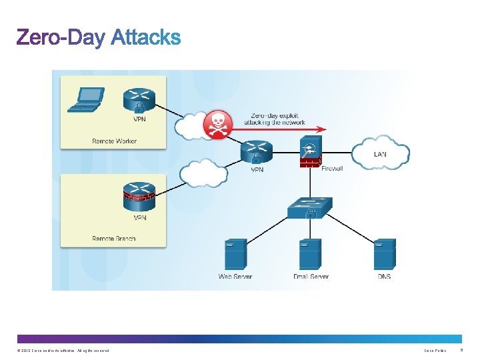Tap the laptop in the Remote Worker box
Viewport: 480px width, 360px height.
(87, 99)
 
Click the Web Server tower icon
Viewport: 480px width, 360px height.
(235, 254)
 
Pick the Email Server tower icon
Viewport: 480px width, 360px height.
(310, 254)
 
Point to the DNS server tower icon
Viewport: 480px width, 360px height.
(385, 254)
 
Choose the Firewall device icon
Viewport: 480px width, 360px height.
(311, 151)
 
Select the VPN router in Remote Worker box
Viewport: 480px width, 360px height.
(139, 100)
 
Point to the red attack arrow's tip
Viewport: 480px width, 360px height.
(325, 129)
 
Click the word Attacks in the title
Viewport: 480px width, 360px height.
(146, 37)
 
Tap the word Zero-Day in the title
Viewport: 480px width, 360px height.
(61, 37)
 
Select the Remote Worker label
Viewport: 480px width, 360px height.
(114, 141)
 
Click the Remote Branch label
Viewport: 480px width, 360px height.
(114, 239)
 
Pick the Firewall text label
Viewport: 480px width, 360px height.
(332, 169)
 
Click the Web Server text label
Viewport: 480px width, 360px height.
(235, 277)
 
